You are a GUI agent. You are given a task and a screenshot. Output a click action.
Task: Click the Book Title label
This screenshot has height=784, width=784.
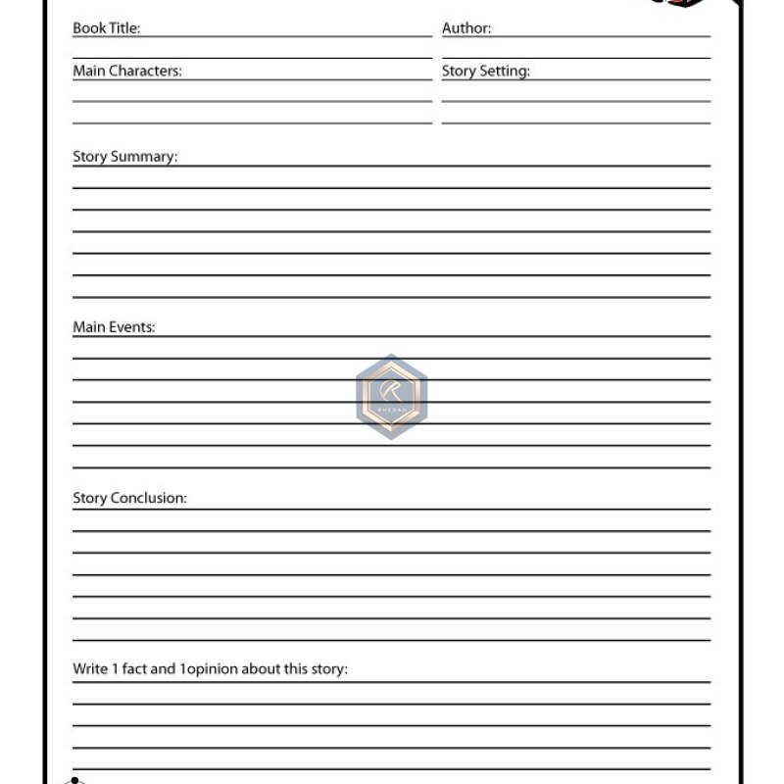pos(106,28)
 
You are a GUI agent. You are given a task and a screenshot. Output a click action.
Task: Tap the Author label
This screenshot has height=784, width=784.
pos(466,28)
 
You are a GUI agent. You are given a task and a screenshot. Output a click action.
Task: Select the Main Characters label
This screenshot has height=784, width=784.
pos(127,71)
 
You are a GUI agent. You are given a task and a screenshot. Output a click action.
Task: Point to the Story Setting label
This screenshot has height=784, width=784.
pos(486,71)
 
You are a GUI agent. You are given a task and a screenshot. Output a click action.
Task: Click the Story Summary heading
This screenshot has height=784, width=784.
pos(125,157)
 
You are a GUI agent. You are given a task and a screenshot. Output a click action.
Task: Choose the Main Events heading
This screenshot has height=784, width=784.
pos(114,327)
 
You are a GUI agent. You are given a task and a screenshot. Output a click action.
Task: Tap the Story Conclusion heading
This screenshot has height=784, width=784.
pos(129,498)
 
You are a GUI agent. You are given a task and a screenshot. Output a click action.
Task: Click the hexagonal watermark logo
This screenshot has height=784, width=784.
pos(391,397)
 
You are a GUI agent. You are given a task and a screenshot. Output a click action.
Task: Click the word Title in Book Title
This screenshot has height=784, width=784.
pos(122,28)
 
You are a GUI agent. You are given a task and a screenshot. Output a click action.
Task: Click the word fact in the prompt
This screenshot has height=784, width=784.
pos(134,669)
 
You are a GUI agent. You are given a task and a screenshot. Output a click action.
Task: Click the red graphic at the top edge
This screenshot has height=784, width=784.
pos(678,3)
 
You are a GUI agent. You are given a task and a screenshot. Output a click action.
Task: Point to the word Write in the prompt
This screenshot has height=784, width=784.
pos(90,669)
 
